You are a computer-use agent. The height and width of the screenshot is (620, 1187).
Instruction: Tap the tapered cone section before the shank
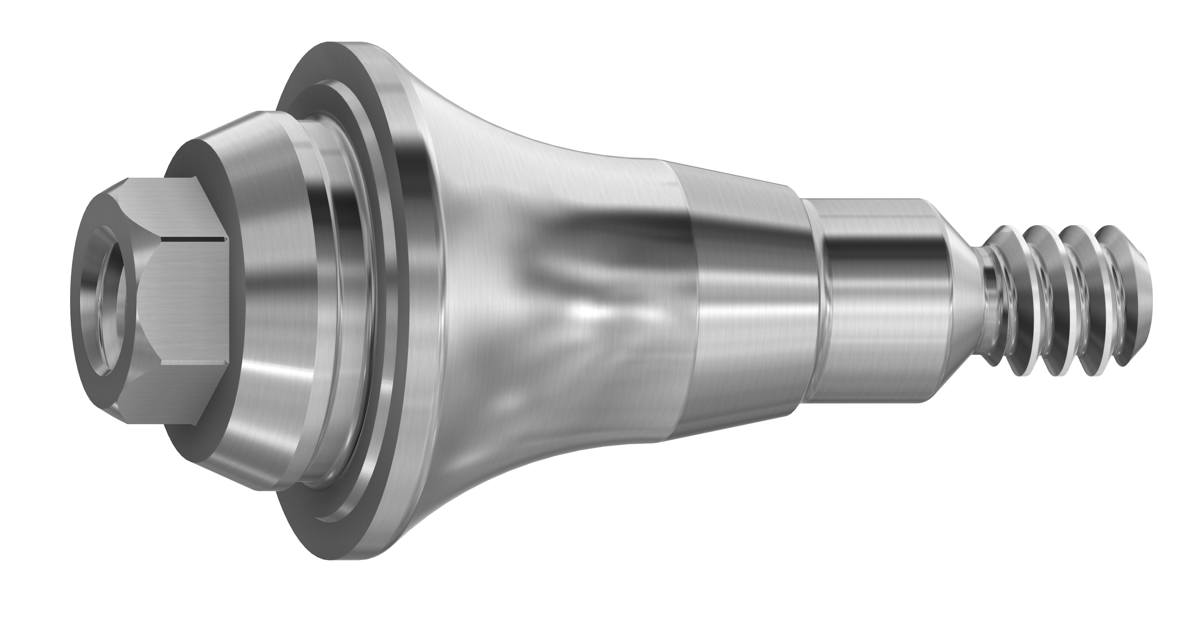[x=746, y=299]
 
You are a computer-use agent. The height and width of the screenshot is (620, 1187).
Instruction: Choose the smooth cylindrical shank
[x=875, y=299]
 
